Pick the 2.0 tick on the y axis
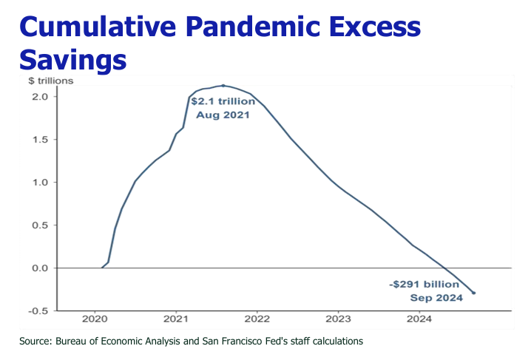tap(40, 97)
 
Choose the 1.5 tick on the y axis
tap(40, 140)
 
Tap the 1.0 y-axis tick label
tap(40, 183)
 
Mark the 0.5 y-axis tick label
tap(40, 225)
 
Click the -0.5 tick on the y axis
tap(38, 311)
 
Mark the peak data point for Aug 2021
tap(223, 86)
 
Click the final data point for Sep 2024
tap(473, 293)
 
